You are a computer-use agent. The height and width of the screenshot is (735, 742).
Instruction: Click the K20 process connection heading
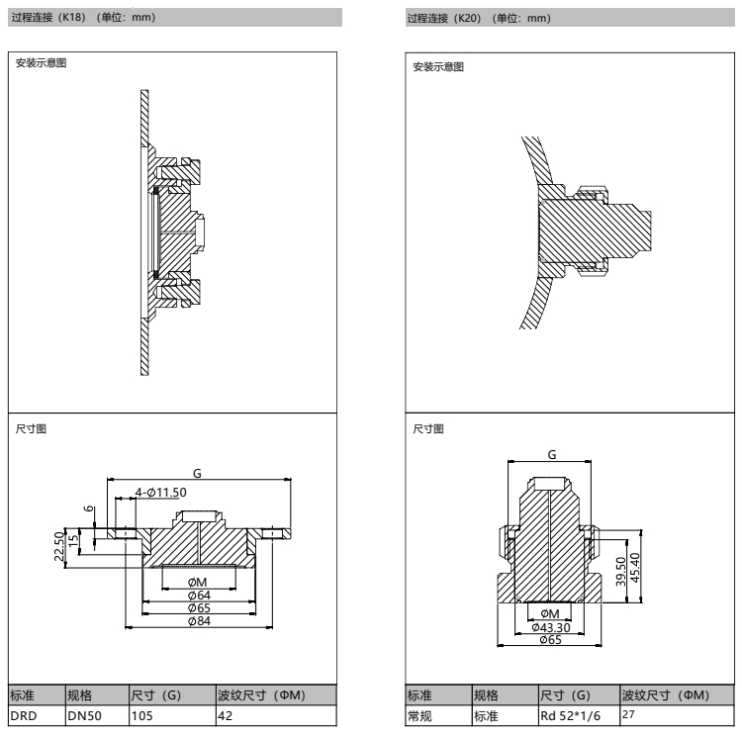pyautogui.click(x=479, y=18)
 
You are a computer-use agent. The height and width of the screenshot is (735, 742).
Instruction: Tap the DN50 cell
pyautogui.click(x=83, y=713)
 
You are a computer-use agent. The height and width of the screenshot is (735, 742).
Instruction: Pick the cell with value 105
pyautogui.click(x=141, y=713)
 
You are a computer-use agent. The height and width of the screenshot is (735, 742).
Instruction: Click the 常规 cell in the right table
pyautogui.click(x=419, y=713)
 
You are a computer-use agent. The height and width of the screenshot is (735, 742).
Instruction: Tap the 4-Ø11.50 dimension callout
pyautogui.click(x=161, y=492)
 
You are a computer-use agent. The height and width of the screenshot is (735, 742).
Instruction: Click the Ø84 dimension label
pyautogui.click(x=198, y=619)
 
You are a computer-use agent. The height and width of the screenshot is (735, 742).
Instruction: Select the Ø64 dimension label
pyautogui.click(x=198, y=595)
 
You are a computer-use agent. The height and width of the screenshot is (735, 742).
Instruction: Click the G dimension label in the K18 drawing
pyautogui.click(x=197, y=476)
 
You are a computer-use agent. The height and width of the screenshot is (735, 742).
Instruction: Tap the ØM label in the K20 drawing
pyautogui.click(x=550, y=614)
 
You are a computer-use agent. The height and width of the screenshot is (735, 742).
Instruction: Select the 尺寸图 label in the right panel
pyautogui.click(x=427, y=429)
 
